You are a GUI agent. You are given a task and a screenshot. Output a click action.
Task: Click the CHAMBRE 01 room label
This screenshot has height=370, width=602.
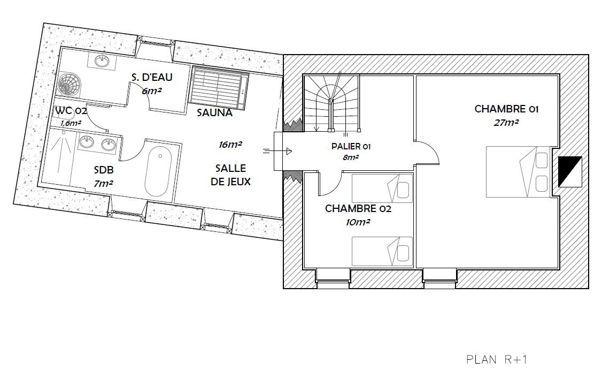tap(506, 109)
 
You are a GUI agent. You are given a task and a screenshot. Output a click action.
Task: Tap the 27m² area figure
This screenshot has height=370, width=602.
tap(506, 123)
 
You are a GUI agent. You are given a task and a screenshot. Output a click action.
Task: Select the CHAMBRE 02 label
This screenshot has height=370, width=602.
tap(358, 209)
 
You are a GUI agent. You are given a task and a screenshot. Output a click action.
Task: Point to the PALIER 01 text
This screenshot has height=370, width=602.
tap(351, 147)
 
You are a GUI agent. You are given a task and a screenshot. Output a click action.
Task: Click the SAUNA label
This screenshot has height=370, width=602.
tap(214, 112)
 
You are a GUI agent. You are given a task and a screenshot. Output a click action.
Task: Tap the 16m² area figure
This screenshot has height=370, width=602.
tap(230, 145)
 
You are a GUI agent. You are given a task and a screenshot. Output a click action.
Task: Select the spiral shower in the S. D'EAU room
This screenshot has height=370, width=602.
tap(70, 84)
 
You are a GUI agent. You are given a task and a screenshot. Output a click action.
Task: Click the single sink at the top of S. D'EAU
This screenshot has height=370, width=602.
tap(102, 60)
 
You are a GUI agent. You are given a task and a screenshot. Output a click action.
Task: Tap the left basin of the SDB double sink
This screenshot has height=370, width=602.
tap(86, 142)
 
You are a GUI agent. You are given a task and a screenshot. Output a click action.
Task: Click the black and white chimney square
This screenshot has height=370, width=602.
tap(570, 171)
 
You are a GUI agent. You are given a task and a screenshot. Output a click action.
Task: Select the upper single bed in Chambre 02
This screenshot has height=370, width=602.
tap(382, 188)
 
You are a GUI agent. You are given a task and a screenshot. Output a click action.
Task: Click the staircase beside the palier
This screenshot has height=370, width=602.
tap(331, 103)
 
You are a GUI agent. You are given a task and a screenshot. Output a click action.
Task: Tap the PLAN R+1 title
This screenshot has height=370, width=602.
tap(497, 360)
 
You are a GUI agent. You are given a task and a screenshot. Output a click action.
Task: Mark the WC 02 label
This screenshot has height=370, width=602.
tap(71, 111)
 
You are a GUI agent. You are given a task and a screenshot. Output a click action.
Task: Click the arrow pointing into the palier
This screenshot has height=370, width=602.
tap(277, 152)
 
